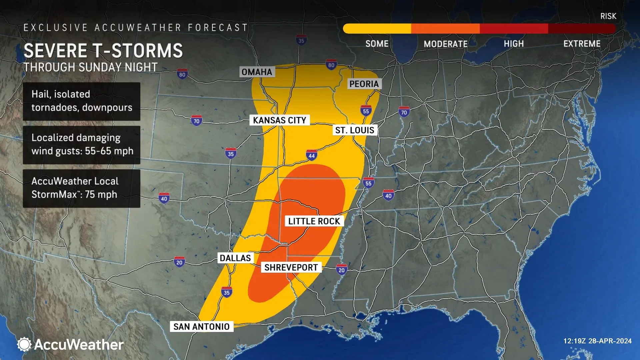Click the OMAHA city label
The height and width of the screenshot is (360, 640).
tap(257, 72)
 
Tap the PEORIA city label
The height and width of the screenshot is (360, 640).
tap(364, 84)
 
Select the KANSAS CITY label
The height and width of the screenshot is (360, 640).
tap(279, 120)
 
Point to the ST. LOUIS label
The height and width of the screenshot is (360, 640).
tap(355, 130)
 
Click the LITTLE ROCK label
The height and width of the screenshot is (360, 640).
tap(314, 221)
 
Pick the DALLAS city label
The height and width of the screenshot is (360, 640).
tap(235, 258)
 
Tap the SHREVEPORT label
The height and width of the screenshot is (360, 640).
tap(291, 268)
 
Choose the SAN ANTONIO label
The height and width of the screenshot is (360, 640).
tap(201, 327)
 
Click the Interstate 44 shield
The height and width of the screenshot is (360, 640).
tap(311, 155)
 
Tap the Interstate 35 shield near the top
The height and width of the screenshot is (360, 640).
tap(301, 41)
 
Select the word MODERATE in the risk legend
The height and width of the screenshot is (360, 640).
tap(446, 44)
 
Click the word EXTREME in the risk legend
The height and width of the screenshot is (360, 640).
tap(582, 44)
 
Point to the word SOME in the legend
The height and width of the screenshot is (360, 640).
tap(377, 44)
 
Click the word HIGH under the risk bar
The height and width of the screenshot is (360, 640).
tap(514, 44)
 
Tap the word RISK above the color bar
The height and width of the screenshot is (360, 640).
tap(608, 16)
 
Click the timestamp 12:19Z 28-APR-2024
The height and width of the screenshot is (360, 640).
tap(597, 341)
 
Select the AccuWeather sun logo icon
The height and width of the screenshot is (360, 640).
tap(24, 344)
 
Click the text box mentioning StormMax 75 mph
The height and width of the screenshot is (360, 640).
tap(81, 188)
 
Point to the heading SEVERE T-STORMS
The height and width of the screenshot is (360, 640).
tap(103, 51)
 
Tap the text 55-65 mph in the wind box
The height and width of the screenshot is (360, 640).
tap(109, 151)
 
